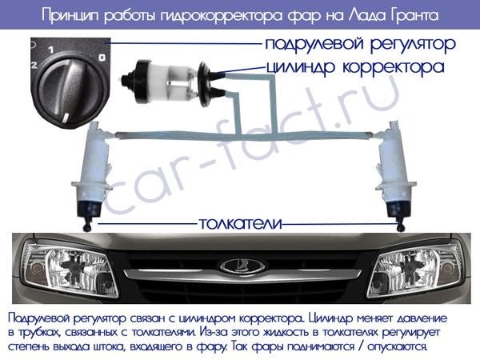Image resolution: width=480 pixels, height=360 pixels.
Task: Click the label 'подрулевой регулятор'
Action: (x=360, y=45)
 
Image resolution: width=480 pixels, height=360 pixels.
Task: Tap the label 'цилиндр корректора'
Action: (x=355, y=67)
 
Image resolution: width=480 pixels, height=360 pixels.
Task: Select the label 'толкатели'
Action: (x=240, y=224)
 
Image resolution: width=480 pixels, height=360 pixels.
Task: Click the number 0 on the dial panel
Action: (x=102, y=58)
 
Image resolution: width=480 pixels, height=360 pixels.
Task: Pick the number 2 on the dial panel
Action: (x=34, y=65)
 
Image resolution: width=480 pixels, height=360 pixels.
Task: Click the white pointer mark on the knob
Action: (x=66, y=118)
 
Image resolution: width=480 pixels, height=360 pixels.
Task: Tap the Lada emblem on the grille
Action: (x=242, y=266)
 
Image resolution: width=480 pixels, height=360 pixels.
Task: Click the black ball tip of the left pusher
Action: (x=88, y=227)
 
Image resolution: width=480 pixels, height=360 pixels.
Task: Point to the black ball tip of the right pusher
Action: (x=401, y=227)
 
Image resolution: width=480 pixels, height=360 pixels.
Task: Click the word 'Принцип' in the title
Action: (x=70, y=16)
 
